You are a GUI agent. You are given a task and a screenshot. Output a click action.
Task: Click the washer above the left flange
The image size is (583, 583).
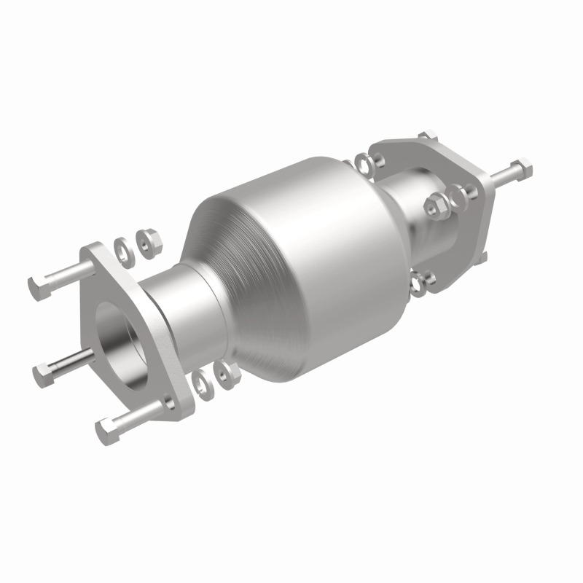[x=125, y=249]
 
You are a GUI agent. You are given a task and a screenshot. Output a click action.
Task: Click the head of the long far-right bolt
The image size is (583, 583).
[x=522, y=168]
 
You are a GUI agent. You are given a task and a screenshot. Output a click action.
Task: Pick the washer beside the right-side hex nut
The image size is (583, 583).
[x=457, y=195]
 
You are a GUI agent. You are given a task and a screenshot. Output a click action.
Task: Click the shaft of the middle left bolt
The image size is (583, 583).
[x=73, y=359]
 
